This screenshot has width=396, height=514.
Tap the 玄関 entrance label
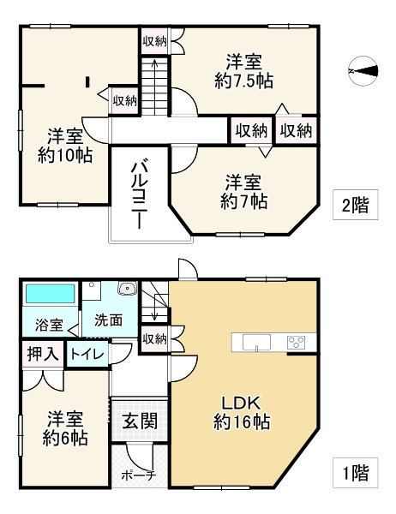pyautogui.click(x=139, y=421)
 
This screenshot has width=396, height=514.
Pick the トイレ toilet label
pyautogui.click(x=87, y=352)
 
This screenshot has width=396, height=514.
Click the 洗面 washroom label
pyautogui.click(x=108, y=320)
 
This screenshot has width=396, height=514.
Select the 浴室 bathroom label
pyautogui.click(x=49, y=325)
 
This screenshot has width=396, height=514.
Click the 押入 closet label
pyautogui.click(x=39, y=352)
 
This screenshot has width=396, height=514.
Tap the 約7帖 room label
pyautogui.click(x=243, y=191)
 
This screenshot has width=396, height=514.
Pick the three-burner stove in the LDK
pyautogui.click(x=297, y=342)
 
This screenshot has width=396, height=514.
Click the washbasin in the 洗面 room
pyautogui.click(x=127, y=289)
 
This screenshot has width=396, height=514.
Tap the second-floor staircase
pyautogui.click(x=155, y=86)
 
